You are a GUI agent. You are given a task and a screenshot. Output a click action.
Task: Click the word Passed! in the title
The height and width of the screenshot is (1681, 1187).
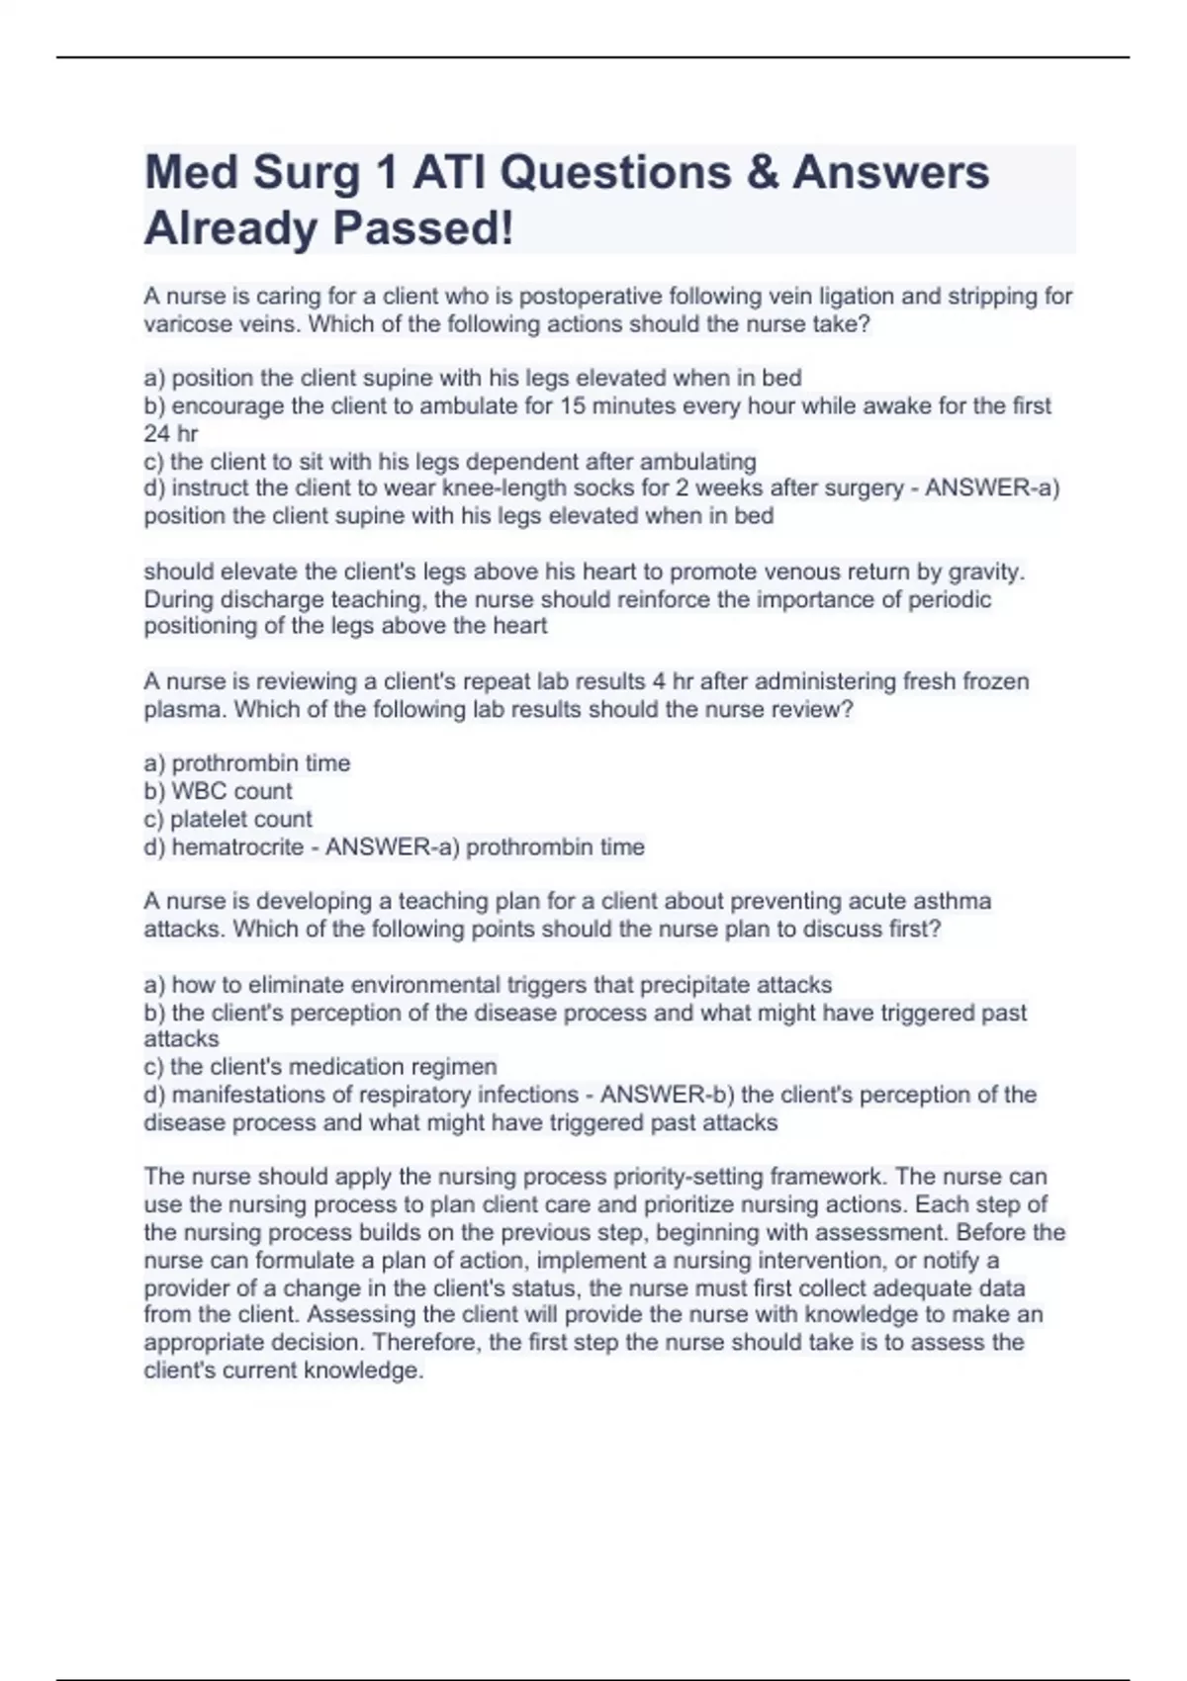[x=423, y=228]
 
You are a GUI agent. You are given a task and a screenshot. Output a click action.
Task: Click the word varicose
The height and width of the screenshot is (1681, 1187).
[x=185, y=324]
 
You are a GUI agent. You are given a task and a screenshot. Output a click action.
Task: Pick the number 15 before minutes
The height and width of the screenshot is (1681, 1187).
[x=574, y=405]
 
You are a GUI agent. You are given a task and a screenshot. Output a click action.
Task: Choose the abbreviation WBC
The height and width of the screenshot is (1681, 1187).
[x=199, y=791]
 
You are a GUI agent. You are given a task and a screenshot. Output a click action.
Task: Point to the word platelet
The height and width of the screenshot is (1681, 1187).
[x=212, y=819]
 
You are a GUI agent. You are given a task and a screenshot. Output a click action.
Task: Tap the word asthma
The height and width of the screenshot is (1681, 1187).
[x=952, y=901]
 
